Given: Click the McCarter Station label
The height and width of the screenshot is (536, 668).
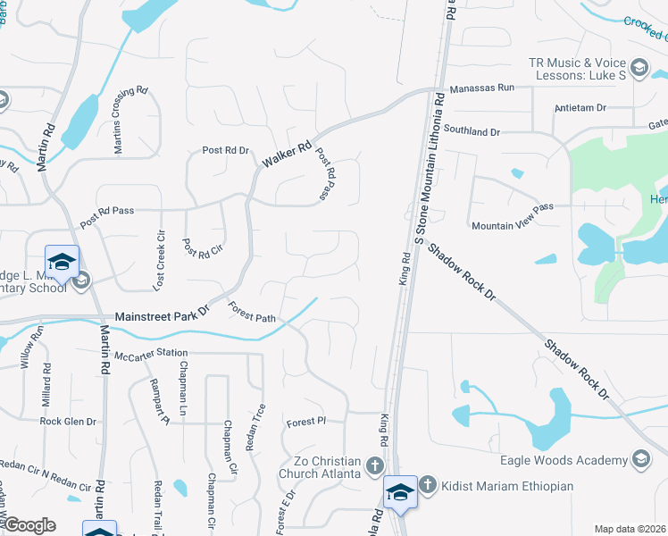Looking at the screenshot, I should (138, 353).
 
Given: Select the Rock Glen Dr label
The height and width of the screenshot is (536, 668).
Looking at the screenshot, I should (67, 421).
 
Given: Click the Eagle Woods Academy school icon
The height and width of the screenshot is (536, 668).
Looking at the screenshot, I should (639, 459).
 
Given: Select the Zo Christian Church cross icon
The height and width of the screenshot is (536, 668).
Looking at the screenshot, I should (375, 465).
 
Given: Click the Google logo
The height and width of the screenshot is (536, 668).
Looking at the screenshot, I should (29, 525).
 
